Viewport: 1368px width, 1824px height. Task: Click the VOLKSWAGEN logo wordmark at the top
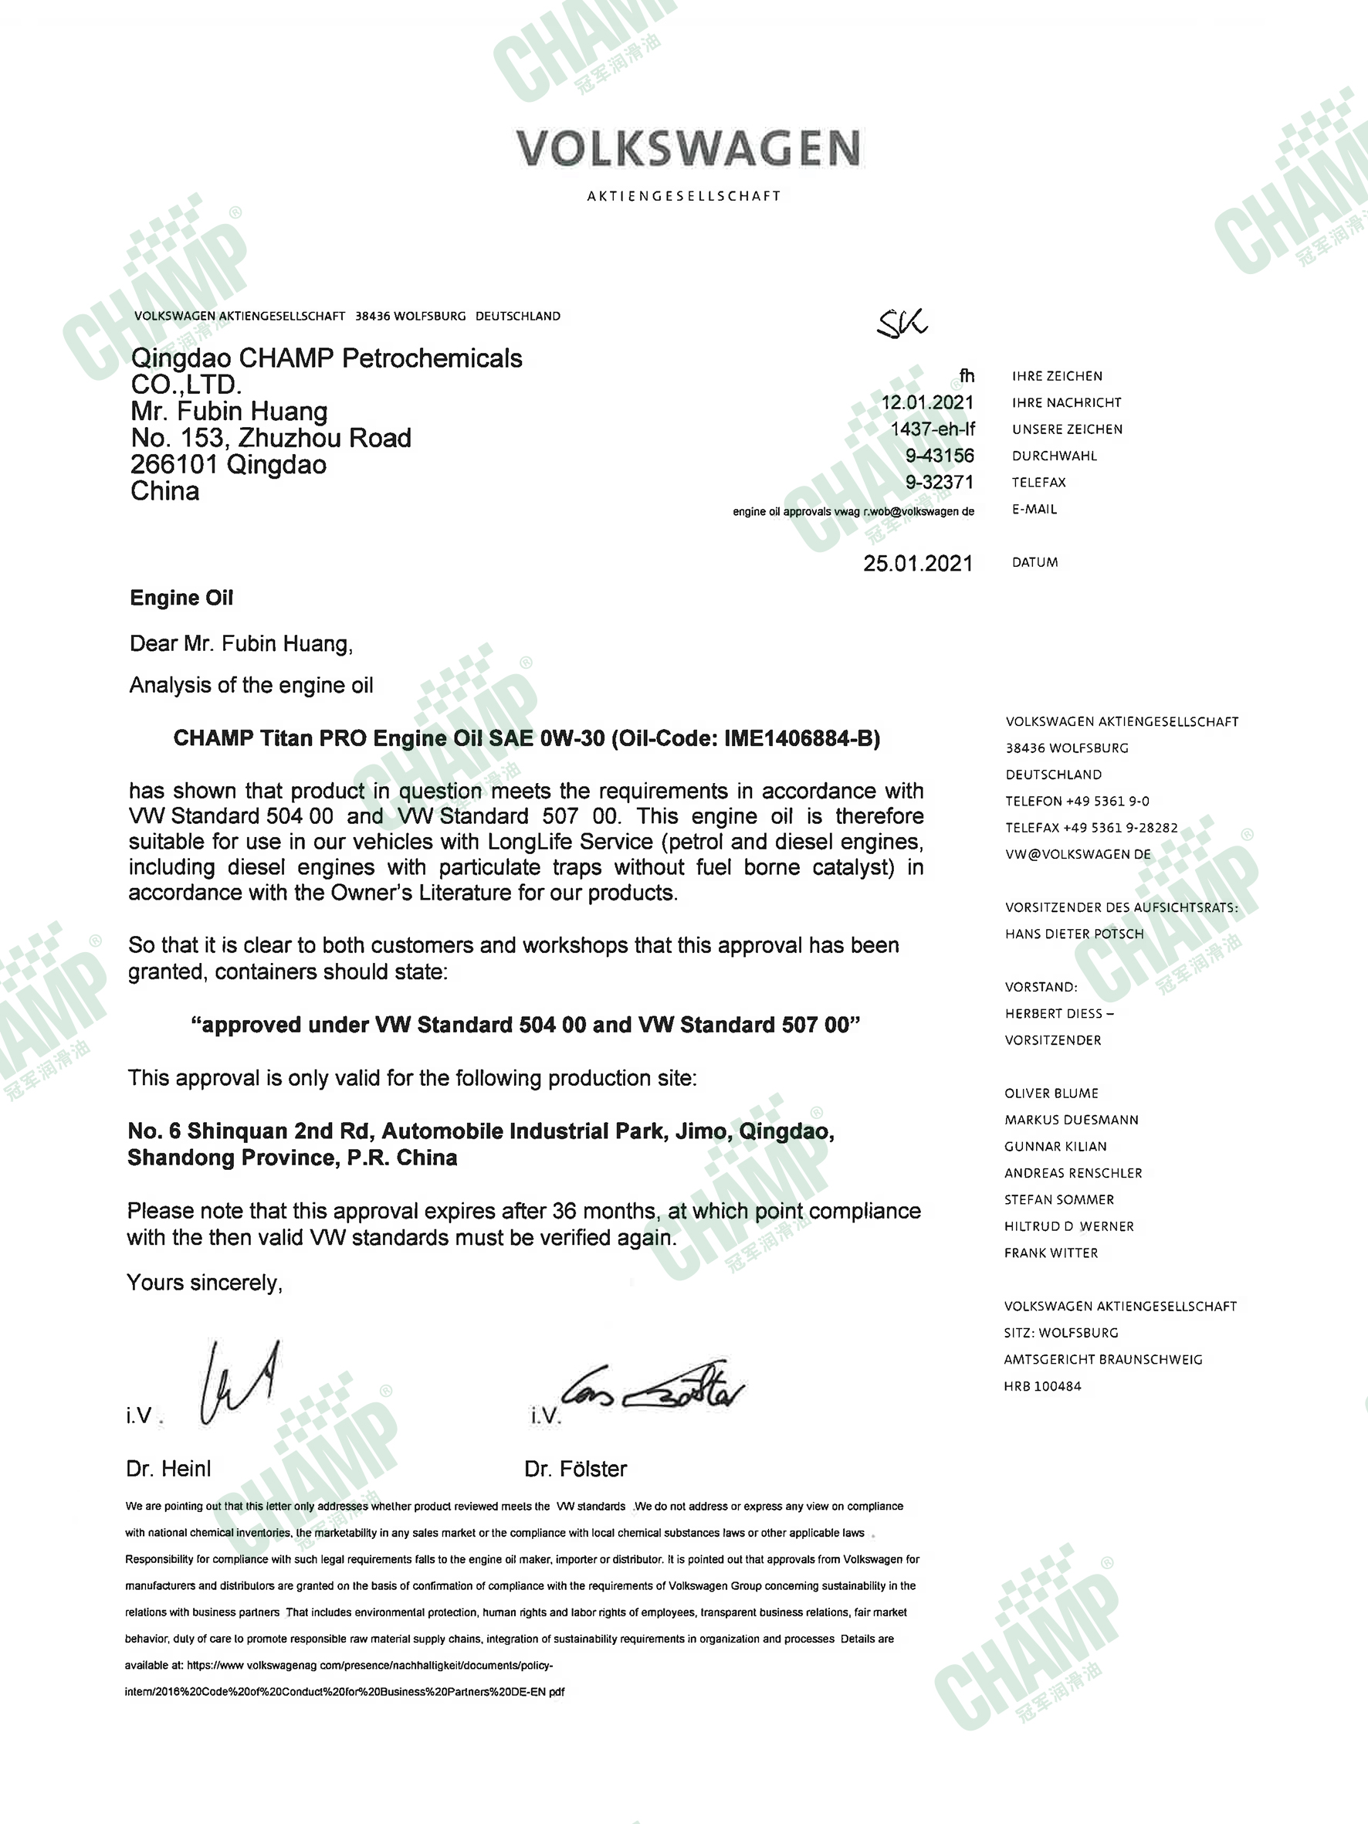(689, 148)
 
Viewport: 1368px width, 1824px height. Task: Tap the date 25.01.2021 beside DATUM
(918, 563)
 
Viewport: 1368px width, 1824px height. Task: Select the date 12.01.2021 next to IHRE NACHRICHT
(928, 402)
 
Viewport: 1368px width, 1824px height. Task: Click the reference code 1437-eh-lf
(933, 429)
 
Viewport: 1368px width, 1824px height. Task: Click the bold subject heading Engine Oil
(181, 598)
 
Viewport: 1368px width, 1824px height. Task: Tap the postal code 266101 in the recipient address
(173, 464)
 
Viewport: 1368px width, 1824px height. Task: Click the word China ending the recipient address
(165, 491)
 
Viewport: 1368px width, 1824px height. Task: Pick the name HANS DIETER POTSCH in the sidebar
(1074, 934)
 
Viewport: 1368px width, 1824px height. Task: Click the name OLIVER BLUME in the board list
(1051, 1093)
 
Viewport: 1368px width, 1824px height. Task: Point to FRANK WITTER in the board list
(1051, 1253)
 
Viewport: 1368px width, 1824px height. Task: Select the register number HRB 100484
(1042, 1386)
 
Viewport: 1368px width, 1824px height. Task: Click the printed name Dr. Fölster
(576, 1469)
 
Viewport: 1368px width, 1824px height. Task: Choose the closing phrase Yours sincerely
(205, 1282)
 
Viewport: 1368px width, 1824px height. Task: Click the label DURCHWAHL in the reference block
(1054, 456)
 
